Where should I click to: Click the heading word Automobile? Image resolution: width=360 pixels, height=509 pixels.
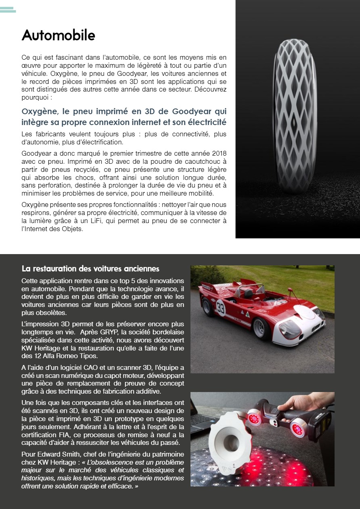click(58, 35)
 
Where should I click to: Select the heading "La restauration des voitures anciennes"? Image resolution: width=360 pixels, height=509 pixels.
click(90, 269)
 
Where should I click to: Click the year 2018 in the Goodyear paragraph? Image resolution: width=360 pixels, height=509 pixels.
click(218, 154)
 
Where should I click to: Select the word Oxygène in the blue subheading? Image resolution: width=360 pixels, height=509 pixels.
click(40, 111)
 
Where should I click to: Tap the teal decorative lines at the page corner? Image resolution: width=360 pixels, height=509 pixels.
click(8, 10)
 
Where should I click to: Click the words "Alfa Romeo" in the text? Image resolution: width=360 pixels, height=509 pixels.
click(68, 356)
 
